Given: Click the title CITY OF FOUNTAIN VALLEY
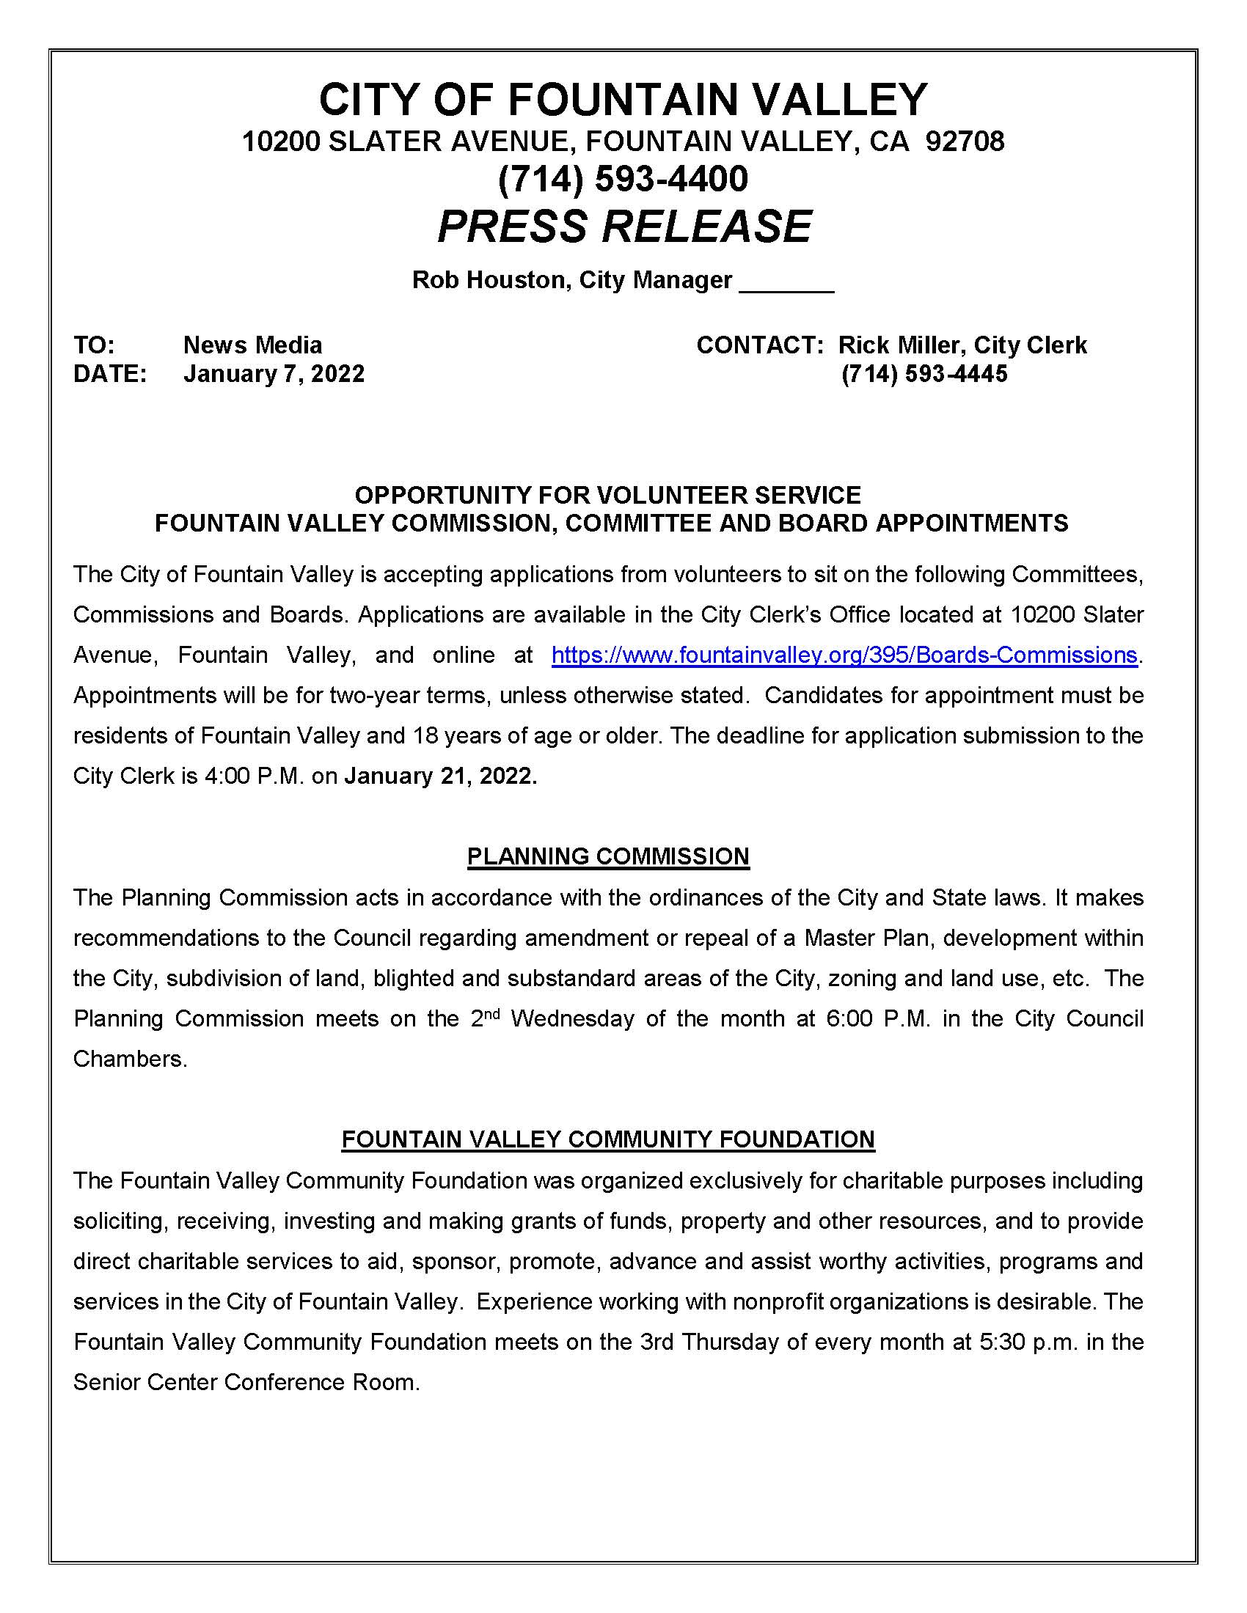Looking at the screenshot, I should [x=623, y=100].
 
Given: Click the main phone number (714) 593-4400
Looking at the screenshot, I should [x=623, y=180].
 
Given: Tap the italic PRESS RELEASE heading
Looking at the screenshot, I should [x=624, y=226].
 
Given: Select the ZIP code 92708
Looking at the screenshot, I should [x=964, y=141].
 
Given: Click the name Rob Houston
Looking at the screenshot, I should [x=489, y=280].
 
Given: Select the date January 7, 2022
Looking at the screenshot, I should [x=274, y=374].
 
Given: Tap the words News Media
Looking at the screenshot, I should [x=252, y=345].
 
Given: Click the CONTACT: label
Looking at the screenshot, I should [x=759, y=345].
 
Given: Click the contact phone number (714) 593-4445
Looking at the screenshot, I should [x=924, y=374].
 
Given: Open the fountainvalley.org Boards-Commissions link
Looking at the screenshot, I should [x=844, y=655].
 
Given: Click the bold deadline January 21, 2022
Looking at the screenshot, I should [x=440, y=776].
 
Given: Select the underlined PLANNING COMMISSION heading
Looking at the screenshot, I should [x=608, y=856].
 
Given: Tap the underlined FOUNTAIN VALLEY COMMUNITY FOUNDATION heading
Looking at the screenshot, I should [x=608, y=1139].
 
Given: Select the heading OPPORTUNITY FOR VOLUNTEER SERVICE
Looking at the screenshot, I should [x=607, y=495].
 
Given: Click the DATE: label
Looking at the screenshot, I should [x=109, y=374].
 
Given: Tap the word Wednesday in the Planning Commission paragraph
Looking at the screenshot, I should [x=572, y=1018].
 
